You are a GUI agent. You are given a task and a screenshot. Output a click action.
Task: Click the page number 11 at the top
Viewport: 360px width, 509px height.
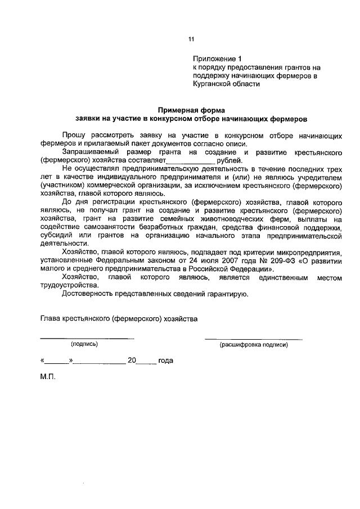191,39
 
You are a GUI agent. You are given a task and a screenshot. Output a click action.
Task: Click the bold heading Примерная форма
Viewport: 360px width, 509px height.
191,110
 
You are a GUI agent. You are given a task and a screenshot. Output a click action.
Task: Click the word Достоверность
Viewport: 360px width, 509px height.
91,294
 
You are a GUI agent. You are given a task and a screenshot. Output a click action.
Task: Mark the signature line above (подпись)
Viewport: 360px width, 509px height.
87,338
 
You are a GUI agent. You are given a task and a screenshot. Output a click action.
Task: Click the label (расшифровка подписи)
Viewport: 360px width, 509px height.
254,345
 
